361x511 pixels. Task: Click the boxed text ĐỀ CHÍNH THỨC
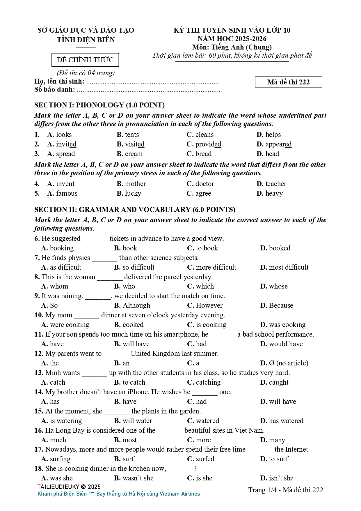(85, 60)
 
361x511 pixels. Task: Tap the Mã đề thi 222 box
(288, 82)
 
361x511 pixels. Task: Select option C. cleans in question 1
(200, 135)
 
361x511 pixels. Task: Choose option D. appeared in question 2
(274, 144)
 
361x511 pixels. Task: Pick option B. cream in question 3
(130, 154)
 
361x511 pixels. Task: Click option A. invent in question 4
(61, 184)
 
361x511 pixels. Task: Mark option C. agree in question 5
(199, 193)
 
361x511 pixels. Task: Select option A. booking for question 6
(58, 248)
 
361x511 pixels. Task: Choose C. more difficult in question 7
(211, 267)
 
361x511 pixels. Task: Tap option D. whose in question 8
(274, 286)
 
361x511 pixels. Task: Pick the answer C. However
(205, 305)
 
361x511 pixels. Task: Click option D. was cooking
(283, 325)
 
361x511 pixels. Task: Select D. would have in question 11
(281, 344)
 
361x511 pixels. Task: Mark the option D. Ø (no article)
(284, 363)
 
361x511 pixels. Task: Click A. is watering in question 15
(62, 421)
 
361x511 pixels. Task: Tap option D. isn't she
(277, 478)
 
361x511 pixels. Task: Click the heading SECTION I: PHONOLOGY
(99, 105)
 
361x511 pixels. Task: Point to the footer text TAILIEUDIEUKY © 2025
(69, 487)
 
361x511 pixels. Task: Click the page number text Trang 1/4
(262, 490)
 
